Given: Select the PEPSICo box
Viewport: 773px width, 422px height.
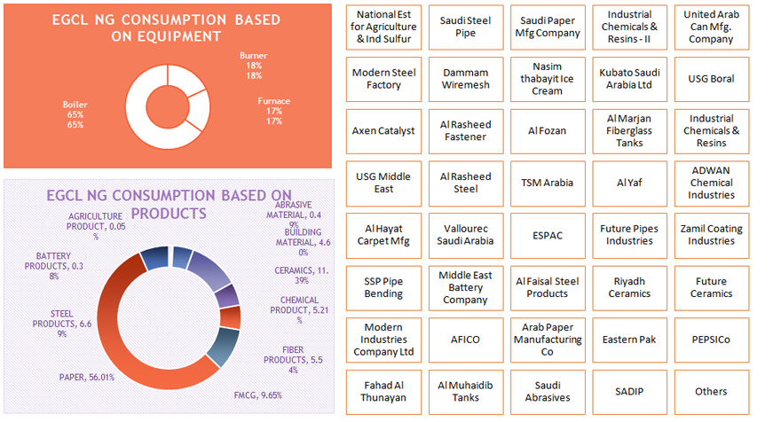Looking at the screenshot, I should [x=711, y=340].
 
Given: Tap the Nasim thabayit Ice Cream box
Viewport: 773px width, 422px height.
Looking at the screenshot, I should [x=547, y=79].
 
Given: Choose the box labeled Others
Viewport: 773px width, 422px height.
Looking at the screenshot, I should [x=711, y=391].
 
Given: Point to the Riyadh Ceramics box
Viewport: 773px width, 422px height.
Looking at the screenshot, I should [x=629, y=287].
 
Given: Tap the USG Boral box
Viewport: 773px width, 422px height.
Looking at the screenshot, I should [x=711, y=79].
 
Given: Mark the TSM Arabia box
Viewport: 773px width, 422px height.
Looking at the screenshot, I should [x=547, y=183].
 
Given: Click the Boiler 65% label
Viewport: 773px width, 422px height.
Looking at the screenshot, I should [x=75, y=114].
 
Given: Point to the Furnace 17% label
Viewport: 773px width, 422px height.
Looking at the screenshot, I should [x=274, y=111].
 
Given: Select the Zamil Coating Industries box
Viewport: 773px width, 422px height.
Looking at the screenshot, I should [x=711, y=235].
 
